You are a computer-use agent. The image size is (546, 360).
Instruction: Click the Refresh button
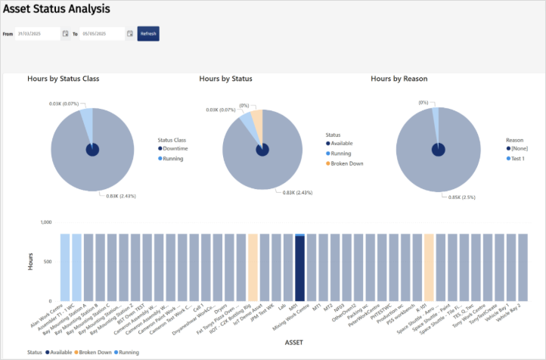(x=148, y=34)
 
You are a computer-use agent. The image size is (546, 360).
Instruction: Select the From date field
(x=37, y=34)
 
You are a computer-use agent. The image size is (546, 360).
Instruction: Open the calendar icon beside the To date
(x=130, y=34)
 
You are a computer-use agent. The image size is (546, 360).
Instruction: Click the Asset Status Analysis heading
(x=57, y=10)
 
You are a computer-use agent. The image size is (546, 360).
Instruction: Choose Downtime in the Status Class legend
(x=175, y=149)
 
